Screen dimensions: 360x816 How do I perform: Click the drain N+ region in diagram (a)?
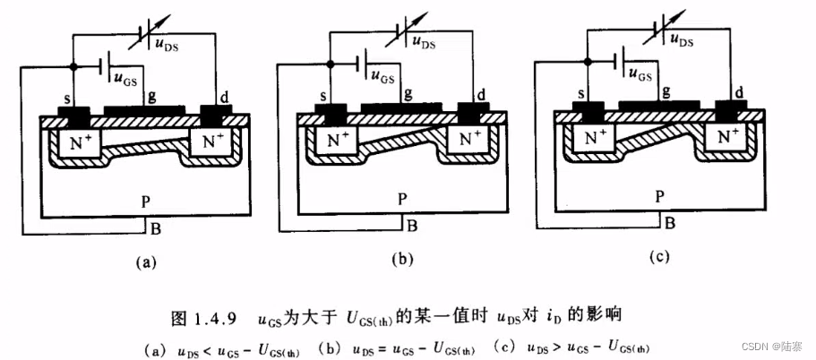coord(212,141)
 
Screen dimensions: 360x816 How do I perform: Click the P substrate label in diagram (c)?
coord(659,194)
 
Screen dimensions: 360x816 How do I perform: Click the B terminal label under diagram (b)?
coord(412,226)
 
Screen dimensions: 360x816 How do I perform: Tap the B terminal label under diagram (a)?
coord(156,228)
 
